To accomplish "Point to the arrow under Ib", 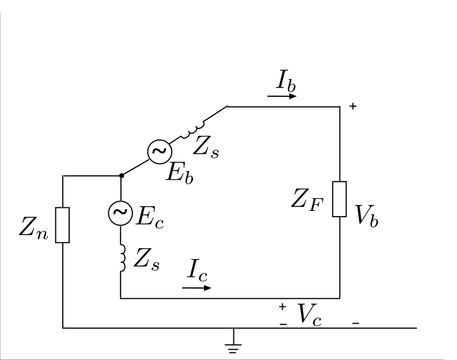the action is [282, 96].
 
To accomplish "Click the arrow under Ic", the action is [197, 288].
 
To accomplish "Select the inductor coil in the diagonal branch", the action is [192, 130].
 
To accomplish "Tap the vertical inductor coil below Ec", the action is [123, 258].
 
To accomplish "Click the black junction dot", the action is [122, 176].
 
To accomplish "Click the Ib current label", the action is [286, 80].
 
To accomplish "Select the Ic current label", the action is [197, 271].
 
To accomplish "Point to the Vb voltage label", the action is [367, 215].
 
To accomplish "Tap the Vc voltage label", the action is [309, 314].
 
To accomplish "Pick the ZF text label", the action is [307, 200].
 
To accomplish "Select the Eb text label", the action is [180, 173].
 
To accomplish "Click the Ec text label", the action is [150, 217].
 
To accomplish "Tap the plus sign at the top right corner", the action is [353, 106].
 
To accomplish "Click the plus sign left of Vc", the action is [282, 306].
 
